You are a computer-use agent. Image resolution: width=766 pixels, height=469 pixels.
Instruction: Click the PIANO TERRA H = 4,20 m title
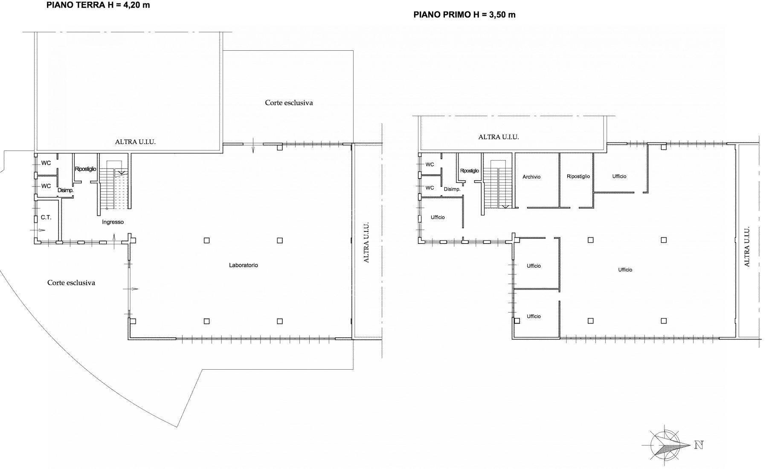98,6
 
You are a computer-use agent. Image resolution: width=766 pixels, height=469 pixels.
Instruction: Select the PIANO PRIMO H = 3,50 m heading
464,15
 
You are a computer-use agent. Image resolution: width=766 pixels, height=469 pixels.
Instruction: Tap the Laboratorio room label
243,265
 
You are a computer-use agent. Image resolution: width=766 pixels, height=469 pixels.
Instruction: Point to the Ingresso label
113,222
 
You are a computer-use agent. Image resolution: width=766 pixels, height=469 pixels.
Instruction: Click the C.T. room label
46,217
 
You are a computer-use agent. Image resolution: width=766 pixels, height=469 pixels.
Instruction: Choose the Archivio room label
531,177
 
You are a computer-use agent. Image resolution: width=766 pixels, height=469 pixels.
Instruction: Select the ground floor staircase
113,188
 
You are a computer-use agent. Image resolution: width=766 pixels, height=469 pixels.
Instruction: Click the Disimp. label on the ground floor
66,191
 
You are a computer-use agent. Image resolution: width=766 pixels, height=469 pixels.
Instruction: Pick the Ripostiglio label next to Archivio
578,177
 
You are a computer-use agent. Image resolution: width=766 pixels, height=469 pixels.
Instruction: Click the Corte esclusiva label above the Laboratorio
289,103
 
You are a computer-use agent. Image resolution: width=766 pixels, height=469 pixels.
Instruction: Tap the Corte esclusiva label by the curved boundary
71,283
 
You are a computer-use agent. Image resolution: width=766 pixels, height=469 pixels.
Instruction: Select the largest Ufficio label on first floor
625,270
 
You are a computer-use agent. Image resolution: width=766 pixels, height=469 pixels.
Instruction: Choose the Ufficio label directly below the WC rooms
438,217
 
